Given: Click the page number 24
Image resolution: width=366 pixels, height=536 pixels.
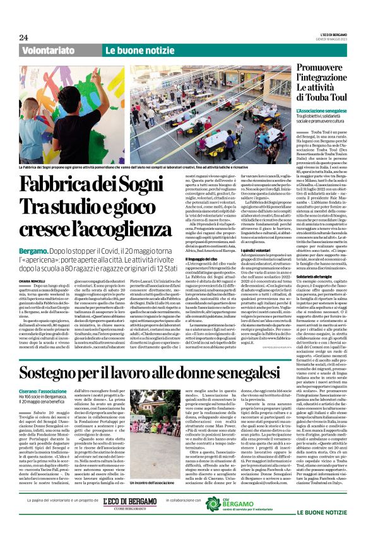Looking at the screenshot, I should click(x=23, y=38).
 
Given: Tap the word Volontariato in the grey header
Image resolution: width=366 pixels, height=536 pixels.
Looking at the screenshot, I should click(x=48, y=50).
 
